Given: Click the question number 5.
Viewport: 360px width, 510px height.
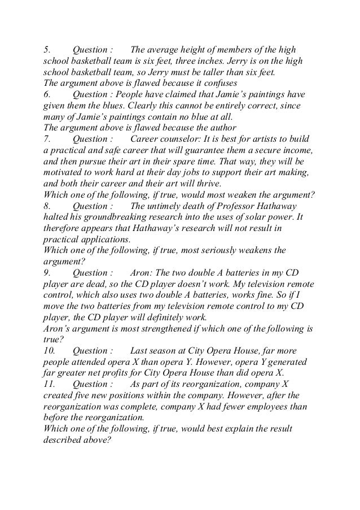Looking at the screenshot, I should [46, 49].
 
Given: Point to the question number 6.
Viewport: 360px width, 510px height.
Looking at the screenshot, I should [46, 95].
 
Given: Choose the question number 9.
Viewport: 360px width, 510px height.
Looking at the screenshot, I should [46, 273].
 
